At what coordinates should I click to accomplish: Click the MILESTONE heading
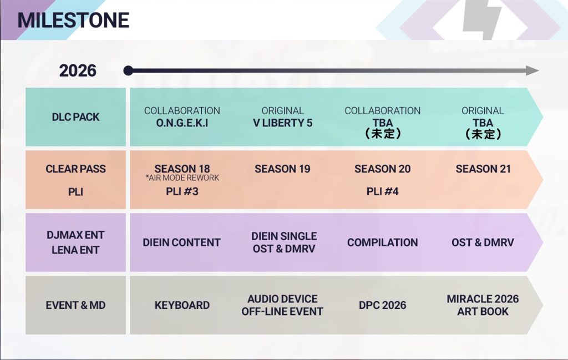[x=73, y=20]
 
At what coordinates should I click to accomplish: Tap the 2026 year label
[x=78, y=70]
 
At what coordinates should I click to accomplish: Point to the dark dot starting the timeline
[x=128, y=70]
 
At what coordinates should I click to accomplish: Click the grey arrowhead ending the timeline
[x=532, y=70]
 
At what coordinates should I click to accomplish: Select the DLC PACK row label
[x=75, y=117]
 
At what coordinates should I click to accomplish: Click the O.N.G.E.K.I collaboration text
[x=182, y=123]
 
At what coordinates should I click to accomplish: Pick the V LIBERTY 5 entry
[x=282, y=123]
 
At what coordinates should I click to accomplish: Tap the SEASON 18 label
[x=182, y=169]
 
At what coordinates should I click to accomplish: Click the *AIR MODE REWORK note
[x=182, y=178]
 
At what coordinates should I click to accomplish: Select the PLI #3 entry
[x=182, y=191]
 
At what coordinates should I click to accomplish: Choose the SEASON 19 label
[x=282, y=169]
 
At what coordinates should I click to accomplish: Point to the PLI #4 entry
[x=383, y=191]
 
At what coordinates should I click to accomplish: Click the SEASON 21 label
[x=483, y=169]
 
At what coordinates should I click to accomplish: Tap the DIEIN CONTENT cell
[x=181, y=242]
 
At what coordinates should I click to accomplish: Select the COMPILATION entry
[x=383, y=242]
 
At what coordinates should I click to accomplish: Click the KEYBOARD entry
[x=182, y=305]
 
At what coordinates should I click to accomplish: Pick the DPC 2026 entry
[x=383, y=305]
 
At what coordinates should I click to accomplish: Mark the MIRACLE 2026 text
[x=483, y=299]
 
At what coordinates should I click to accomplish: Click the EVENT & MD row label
[x=75, y=305]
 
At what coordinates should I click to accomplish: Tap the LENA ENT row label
[x=75, y=250]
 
